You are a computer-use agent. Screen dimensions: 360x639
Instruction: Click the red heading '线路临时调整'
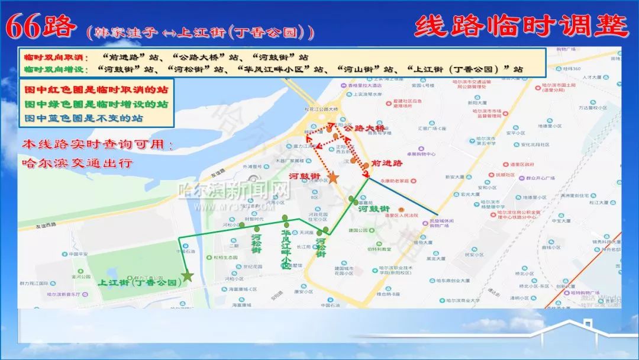tap(521, 26)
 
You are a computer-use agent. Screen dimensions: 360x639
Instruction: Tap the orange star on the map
tap(333, 177)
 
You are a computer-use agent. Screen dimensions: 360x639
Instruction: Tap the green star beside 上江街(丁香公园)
tap(188, 275)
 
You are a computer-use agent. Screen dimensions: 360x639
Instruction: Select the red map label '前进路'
tap(387, 163)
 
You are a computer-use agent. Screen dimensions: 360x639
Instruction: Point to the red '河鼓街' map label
tap(305, 176)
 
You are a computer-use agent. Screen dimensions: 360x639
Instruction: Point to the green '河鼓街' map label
tap(373, 208)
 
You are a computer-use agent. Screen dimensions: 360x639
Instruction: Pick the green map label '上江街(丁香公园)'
tap(140, 282)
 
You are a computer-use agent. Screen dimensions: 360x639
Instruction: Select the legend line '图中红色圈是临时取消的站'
tap(96, 91)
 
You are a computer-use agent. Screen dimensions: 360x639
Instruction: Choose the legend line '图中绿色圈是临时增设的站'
tap(96, 104)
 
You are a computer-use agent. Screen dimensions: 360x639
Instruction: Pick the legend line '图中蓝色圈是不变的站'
tap(83, 118)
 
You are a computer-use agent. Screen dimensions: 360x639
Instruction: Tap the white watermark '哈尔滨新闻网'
tap(235, 191)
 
